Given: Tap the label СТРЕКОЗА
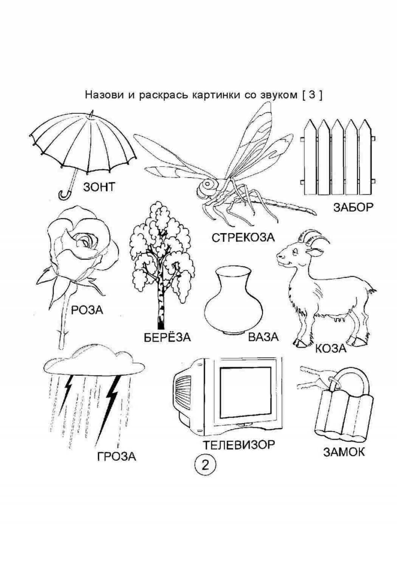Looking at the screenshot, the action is [x=243, y=237].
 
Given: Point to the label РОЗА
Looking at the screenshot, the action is [x=87, y=310].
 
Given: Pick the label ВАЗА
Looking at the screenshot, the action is [x=263, y=337].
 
